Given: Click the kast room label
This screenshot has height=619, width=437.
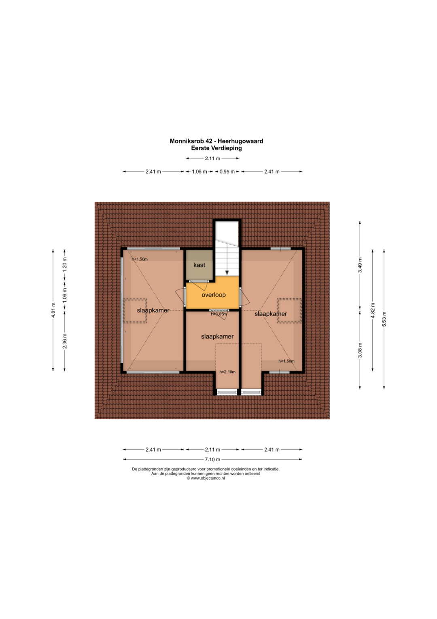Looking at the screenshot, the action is coord(199,265).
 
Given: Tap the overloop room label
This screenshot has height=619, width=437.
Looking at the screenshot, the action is coord(214,295).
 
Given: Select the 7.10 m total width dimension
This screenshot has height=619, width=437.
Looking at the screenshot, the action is coord(212,459).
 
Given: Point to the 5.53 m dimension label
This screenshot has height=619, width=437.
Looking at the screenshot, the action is coord(384,319).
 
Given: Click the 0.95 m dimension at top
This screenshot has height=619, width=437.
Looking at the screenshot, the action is coord(227,171).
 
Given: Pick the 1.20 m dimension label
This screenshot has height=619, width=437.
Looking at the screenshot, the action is coord(65,264).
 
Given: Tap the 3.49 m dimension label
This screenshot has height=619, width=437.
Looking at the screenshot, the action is coord(360,265).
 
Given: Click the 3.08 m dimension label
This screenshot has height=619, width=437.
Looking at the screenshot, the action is coord(360,350).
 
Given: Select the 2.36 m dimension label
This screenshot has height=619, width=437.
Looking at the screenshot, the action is coord(65,341).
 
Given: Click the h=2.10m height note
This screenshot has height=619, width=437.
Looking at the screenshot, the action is coord(227,372).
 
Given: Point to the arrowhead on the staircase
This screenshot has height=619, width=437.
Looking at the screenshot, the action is coord(227,272).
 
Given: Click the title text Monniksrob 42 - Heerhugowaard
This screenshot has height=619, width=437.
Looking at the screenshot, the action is coord(216,141).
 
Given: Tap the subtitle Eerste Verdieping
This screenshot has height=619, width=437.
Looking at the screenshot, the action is coord(216,148).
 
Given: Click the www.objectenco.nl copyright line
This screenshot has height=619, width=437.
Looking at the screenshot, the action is coord(206,478).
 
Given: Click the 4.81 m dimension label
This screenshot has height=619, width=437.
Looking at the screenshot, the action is coord(53,310).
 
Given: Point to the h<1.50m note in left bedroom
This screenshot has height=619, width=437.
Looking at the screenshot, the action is coord(140,259).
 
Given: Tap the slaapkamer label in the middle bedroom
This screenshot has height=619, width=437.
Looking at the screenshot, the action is coord(217,336).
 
